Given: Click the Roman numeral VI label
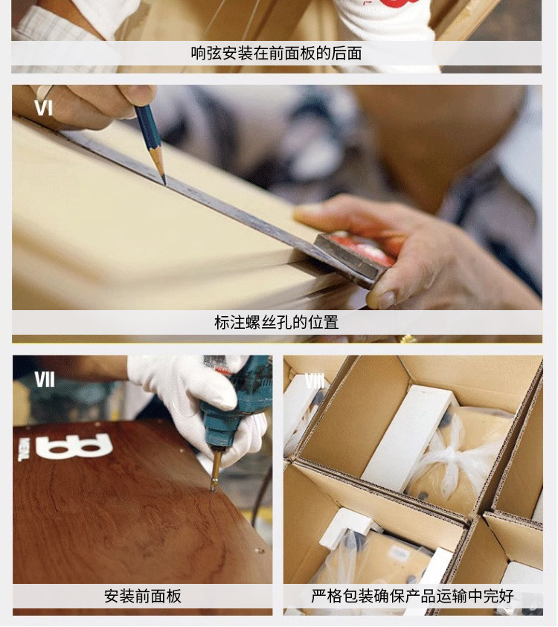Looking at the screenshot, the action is pyautogui.click(x=43, y=108).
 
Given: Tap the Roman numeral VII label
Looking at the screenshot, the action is pyautogui.click(x=44, y=379).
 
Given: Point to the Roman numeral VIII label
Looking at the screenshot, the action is pyautogui.click(x=315, y=381).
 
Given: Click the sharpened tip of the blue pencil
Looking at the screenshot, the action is pyautogui.click(x=164, y=182).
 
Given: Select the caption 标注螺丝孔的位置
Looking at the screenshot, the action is pyautogui.click(x=277, y=322).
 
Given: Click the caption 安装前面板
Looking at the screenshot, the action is pyautogui.click(x=143, y=596).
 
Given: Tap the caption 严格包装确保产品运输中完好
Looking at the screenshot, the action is pyautogui.click(x=412, y=596).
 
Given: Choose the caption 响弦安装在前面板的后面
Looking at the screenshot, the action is pyautogui.click(x=277, y=54).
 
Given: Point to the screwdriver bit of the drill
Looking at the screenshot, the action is pyautogui.click(x=216, y=468).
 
